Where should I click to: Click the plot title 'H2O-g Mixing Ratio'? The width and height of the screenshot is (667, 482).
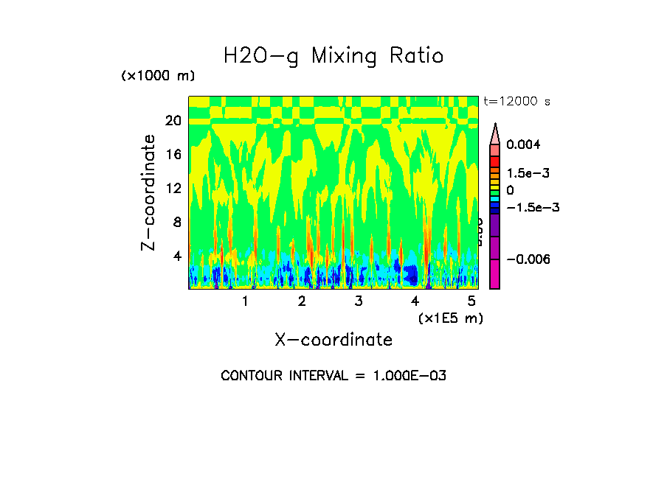point(333,56)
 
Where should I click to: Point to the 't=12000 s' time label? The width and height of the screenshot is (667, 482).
point(517,101)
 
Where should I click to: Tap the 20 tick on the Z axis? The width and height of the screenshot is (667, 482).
point(173,121)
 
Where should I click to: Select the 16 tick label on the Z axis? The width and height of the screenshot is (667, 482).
point(173,155)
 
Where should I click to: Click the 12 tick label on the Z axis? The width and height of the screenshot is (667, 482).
point(173,188)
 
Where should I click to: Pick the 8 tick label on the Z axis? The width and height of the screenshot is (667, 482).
point(177,222)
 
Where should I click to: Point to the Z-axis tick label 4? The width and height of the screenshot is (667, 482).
point(177,256)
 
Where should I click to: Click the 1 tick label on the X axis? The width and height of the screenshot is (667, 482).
point(245,301)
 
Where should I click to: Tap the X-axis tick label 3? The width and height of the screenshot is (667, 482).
point(358,301)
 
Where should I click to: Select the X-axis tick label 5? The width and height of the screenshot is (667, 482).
point(471,301)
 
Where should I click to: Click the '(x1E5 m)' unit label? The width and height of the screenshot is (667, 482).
point(450,318)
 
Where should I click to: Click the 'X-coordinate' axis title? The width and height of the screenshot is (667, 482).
point(333,340)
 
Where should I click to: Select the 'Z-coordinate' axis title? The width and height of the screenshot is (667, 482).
point(149,192)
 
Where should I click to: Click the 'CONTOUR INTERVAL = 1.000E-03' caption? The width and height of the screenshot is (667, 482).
point(333,376)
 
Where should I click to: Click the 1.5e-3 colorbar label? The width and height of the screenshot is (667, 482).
point(523,173)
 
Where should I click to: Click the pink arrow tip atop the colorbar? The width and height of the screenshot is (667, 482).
point(495,133)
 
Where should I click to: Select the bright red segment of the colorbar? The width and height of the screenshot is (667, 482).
point(495,161)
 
